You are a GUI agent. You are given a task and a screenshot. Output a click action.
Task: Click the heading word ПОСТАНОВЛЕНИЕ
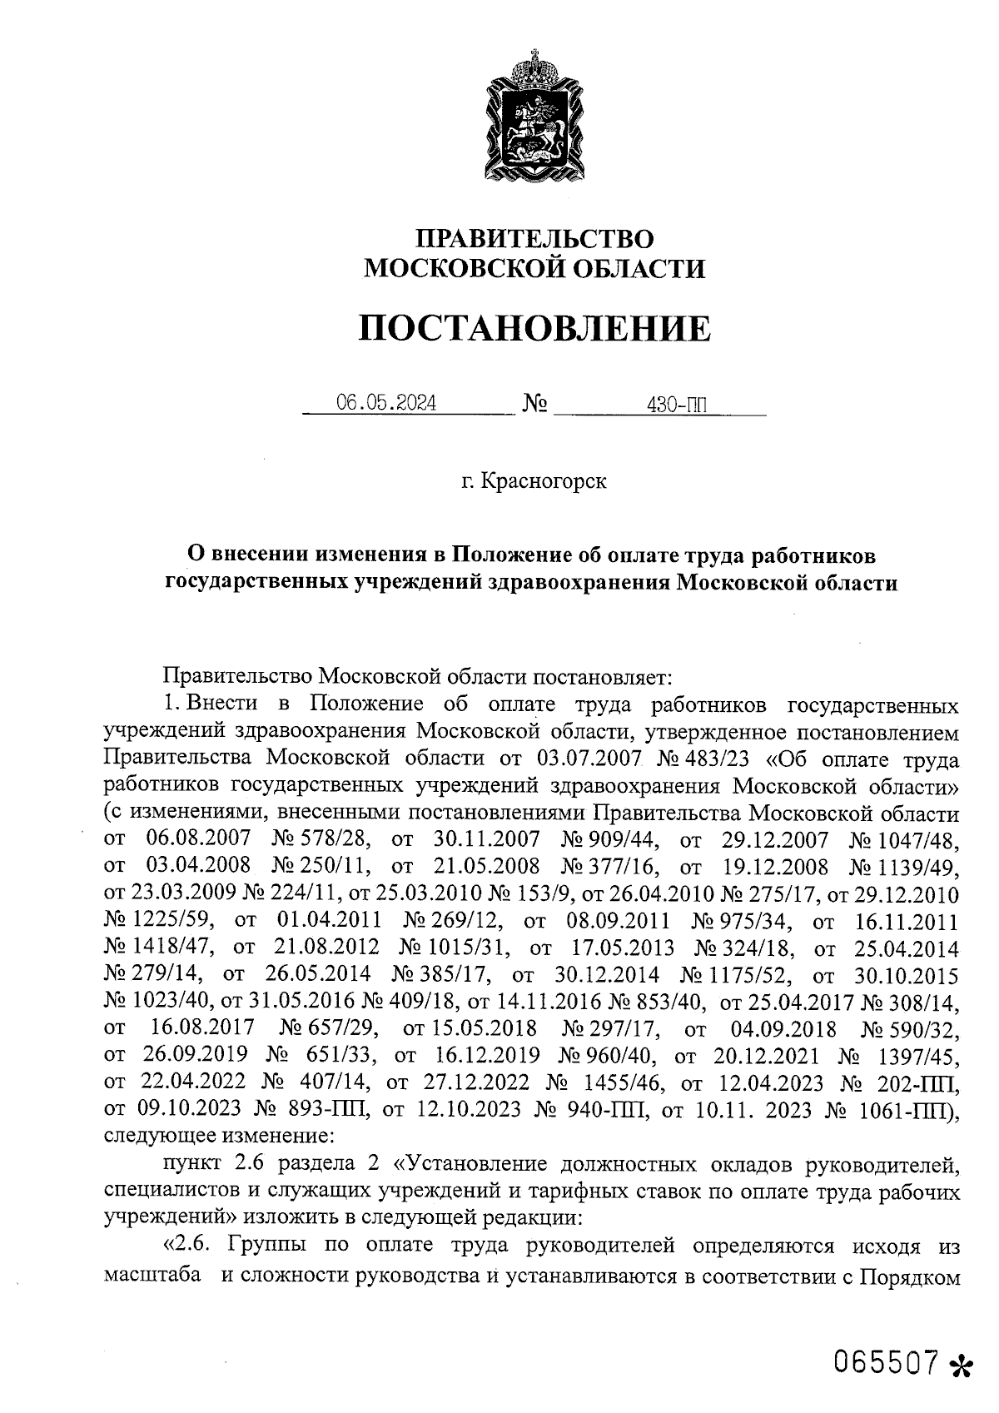click(x=534, y=328)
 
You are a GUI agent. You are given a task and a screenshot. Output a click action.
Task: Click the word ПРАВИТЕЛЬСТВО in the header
click(x=535, y=238)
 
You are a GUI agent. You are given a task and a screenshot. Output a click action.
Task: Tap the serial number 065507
click(x=887, y=1363)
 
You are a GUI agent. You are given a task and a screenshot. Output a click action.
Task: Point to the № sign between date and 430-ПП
click(x=534, y=405)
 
